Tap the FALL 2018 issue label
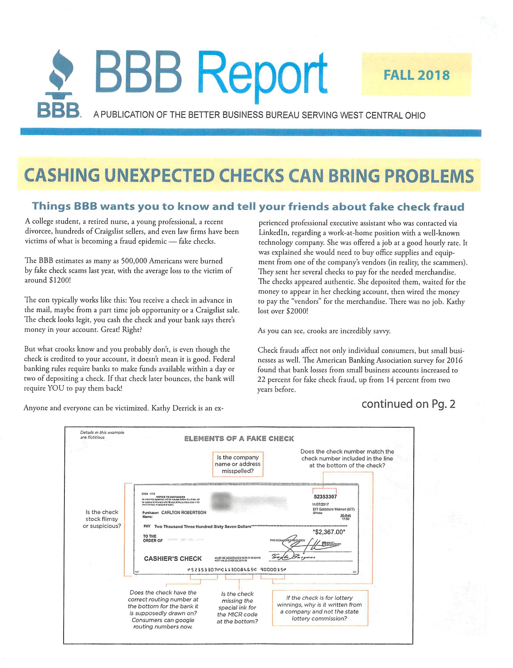click(x=417, y=75)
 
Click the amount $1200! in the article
click(x=60, y=280)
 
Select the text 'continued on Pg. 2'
click(x=408, y=404)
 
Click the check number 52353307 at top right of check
click(x=325, y=497)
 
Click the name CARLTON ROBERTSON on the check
click(x=184, y=513)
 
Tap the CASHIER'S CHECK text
click(x=173, y=559)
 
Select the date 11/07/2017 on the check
click(x=320, y=504)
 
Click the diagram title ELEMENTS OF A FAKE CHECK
click(x=239, y=439)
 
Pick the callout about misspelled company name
click(x=238, y=464)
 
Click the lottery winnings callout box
click(x=320, y=608)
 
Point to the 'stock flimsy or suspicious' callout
click(x=102, y=519)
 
